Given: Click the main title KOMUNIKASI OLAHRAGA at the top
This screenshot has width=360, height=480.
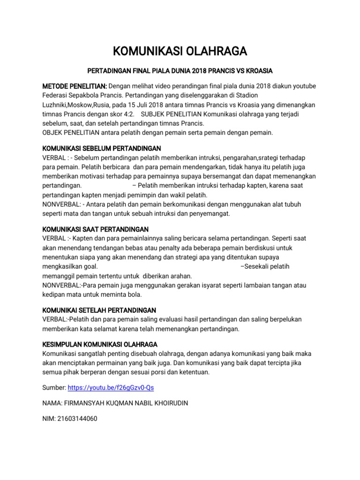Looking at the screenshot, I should (180, 51).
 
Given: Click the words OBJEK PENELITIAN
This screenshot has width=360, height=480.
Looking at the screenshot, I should (67, 133).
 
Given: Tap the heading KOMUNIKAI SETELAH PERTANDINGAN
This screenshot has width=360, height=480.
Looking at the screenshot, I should (99, 310).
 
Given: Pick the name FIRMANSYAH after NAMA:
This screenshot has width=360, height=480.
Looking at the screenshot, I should (88, 403).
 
